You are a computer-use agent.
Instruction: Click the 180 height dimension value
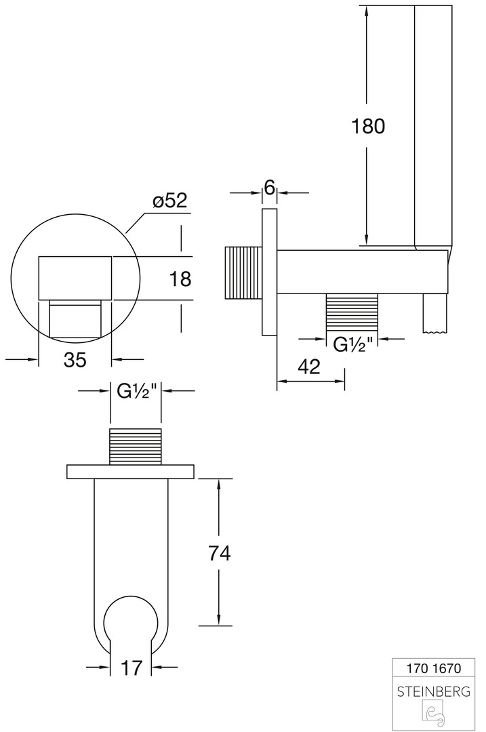[368, 126]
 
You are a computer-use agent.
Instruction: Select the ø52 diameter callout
[169, 201]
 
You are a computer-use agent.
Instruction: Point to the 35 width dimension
[75, 360]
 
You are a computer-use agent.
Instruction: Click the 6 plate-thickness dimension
[269, 188]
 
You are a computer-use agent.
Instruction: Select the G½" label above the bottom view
[136, 392]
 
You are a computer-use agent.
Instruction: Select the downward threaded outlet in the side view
[352, 313]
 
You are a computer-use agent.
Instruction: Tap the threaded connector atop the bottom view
[136, 447]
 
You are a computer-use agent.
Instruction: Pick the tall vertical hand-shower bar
[432, 122]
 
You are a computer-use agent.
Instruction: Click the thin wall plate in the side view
[269, 272]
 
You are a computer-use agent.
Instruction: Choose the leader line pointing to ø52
[138, 222]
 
